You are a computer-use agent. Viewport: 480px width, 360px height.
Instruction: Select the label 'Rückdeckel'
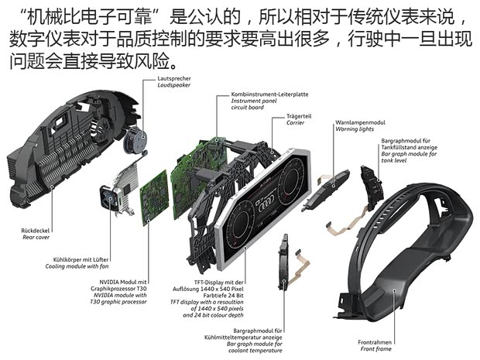37,231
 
